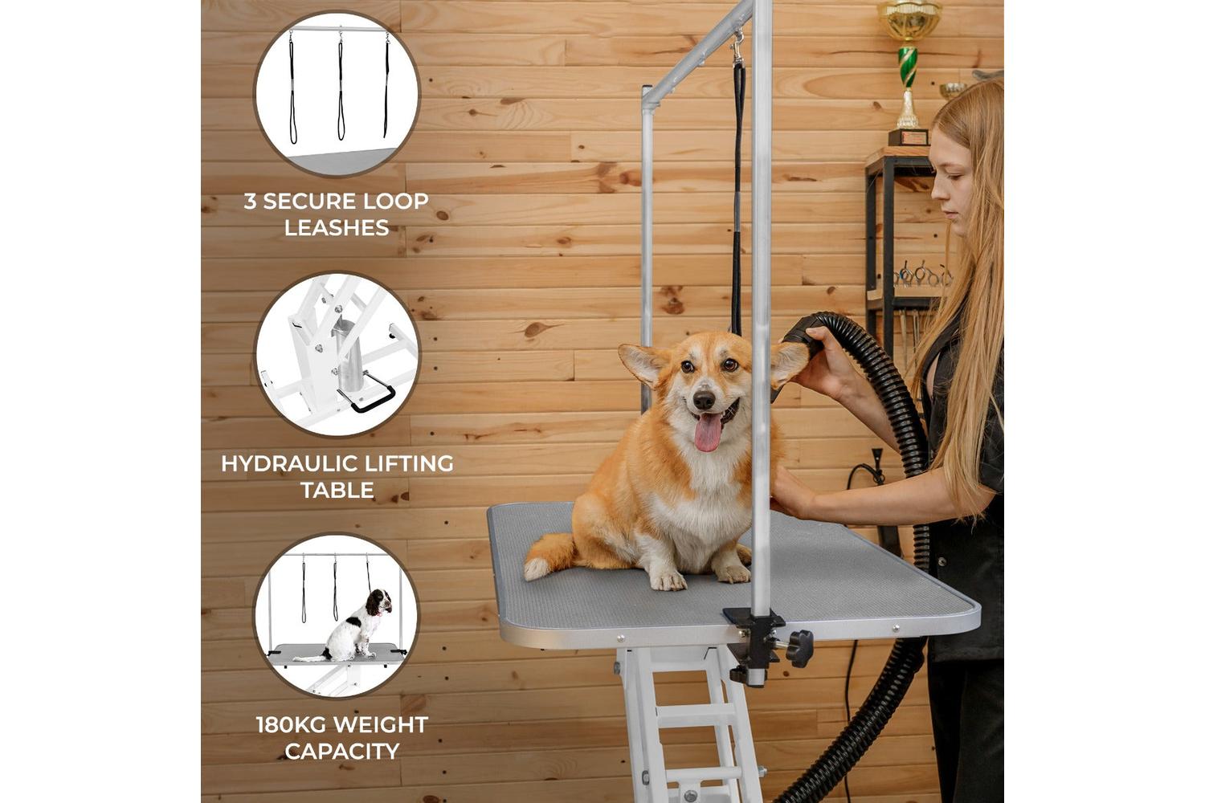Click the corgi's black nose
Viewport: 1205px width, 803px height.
pos(704,400)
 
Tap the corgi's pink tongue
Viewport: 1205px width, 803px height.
pos(708,431)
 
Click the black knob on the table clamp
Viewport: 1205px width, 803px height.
pos(799,649)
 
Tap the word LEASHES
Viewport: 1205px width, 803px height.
pos(337,227)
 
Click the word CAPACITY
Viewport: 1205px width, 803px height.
pos(342,752)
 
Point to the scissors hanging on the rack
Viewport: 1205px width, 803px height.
pos(922,275)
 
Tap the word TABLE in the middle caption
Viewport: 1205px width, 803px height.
pos(337,490)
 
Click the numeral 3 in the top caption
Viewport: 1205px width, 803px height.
pos(250,202)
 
